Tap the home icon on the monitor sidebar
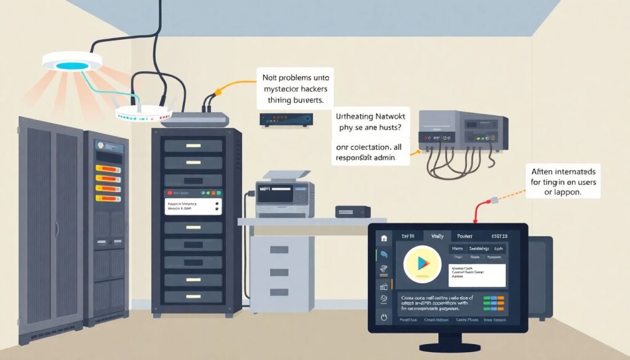pos(384,238)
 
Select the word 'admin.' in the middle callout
pos(380,158)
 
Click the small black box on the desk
pos(353,212)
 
